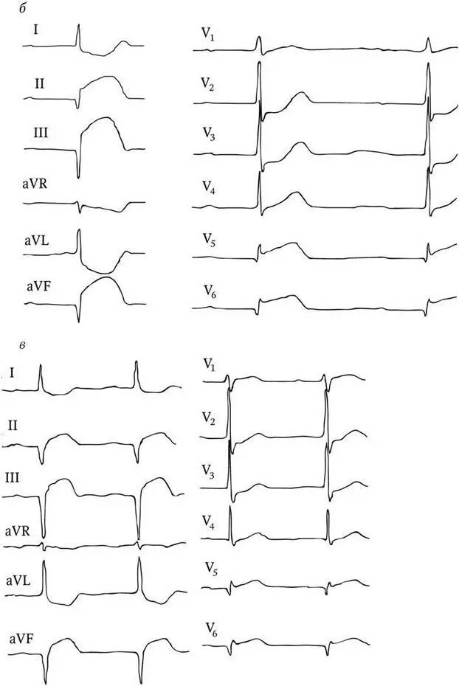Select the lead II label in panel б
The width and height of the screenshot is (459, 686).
coord(39,83)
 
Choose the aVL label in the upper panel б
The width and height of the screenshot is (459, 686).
coord(36,238)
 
